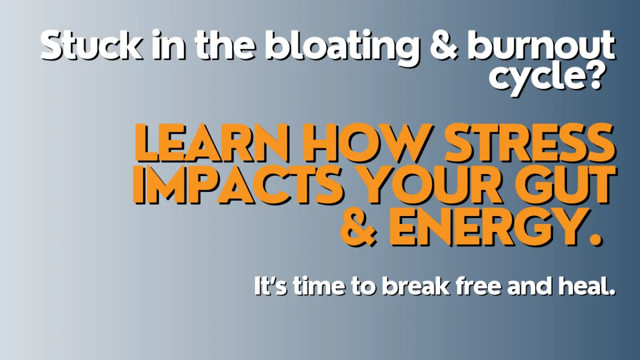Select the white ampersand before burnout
click(443, 46)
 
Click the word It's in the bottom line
click(270, 286)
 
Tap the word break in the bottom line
click(415, 286)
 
